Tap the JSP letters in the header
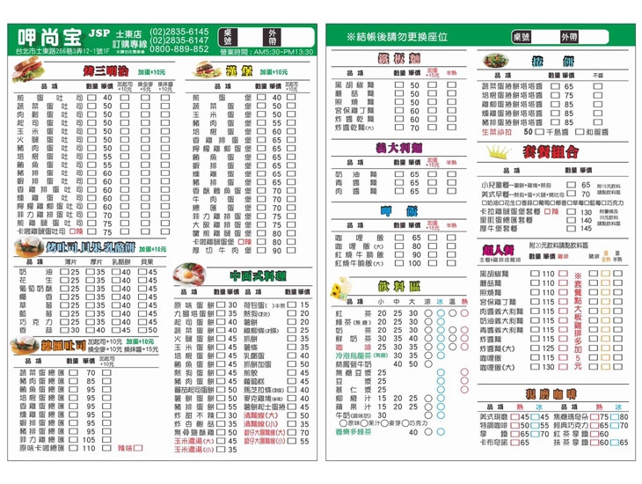[98, 33]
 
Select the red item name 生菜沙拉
[498, 131]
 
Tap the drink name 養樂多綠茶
[358, 432]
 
